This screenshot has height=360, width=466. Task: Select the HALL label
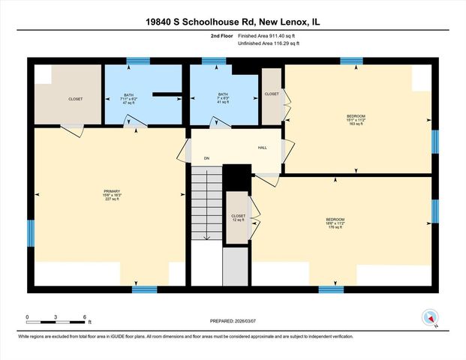click(263, 147)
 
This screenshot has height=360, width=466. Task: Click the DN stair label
click(206, 159)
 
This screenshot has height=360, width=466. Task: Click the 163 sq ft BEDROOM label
click(355, 119)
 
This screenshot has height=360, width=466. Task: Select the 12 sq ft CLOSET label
click(238, 218)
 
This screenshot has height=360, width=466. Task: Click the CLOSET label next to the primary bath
click(76, 99)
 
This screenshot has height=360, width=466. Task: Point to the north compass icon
click(430, 317)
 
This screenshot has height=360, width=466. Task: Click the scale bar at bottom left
click(58, 321)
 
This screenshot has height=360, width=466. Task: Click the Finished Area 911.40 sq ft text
click(268, 35)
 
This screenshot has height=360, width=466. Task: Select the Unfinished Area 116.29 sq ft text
click(269, 43)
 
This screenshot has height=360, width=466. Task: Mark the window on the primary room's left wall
click(31, 233)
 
